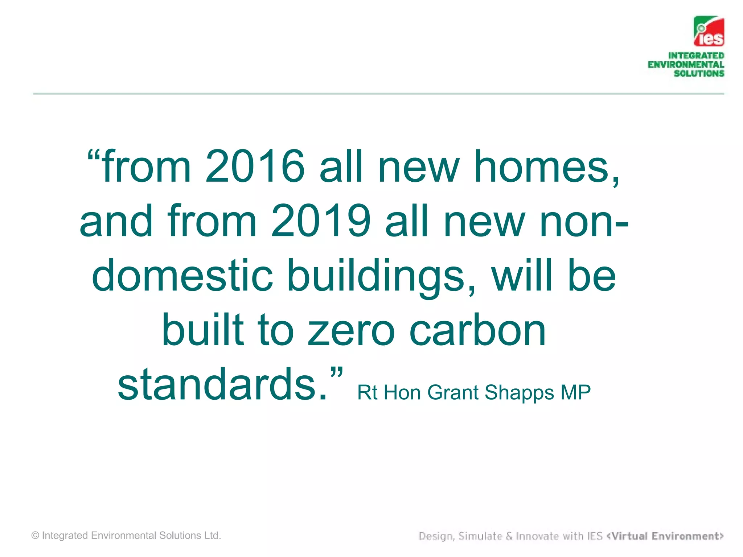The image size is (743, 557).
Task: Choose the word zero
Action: (x=351, y=331)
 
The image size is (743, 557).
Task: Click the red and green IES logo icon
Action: (x=709, y=32)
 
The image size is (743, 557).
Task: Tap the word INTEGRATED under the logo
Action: (x=696, y=55)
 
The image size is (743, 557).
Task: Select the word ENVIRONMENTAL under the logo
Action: (x=686, y=65)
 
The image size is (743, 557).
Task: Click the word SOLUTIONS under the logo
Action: (x=699, y=74)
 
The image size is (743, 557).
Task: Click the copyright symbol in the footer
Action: (x=35, y=536)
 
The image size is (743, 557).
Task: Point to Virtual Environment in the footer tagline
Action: (x=665, y=536)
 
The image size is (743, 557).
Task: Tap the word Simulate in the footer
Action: (x=480, y=536)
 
